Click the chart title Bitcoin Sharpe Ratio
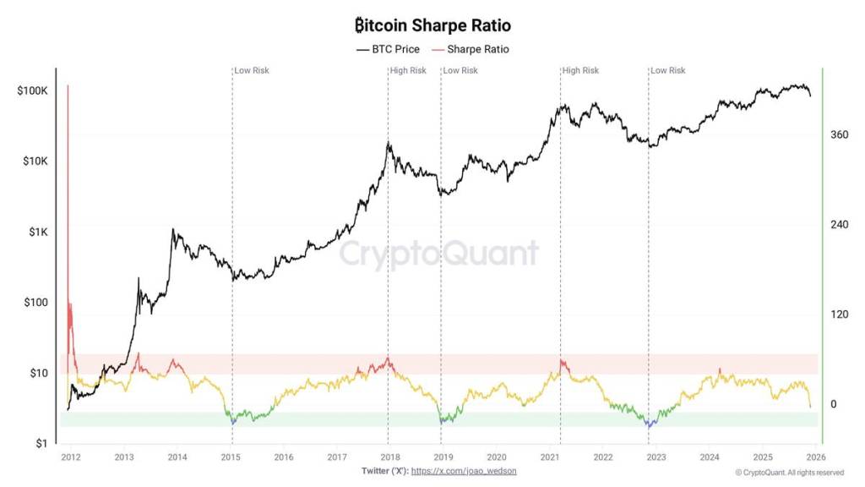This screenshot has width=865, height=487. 432,26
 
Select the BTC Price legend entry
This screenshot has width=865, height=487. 388,49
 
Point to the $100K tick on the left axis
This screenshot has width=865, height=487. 33,90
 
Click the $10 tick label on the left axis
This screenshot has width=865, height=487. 39,373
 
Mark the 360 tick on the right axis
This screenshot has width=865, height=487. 839,134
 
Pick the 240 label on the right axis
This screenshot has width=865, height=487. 839,224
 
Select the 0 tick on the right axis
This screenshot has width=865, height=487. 833,404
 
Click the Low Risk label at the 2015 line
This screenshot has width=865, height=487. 252,70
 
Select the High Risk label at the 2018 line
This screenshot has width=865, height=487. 408,70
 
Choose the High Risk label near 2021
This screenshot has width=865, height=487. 580,70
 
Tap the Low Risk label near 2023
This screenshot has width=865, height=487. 668,70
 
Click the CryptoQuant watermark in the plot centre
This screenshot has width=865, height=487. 438,254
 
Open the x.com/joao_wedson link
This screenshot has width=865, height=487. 463,471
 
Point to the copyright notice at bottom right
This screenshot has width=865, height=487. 789,473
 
